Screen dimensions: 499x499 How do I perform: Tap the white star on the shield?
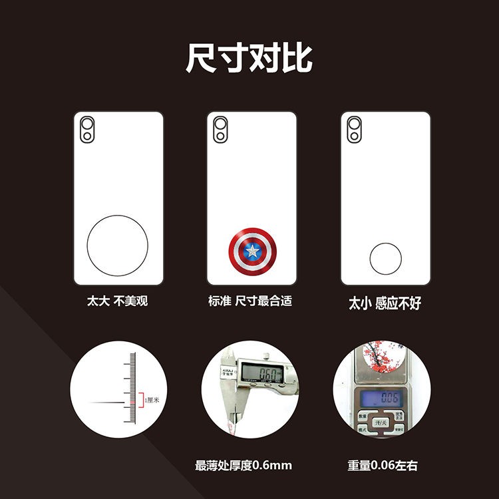pos(252,251)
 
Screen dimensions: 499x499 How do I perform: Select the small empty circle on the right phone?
pos(385,258)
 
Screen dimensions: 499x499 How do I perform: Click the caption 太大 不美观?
pos(117,301)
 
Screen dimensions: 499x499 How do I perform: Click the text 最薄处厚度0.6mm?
pos(244,465)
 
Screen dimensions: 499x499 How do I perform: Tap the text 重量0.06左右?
pos(383,465)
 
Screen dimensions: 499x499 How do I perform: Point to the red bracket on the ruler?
pos(139,400)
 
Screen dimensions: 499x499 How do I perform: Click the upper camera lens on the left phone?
pos(88,124)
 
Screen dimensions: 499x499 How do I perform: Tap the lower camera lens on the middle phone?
pos(221,136)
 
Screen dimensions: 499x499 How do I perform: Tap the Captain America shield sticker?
pos(252,251)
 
